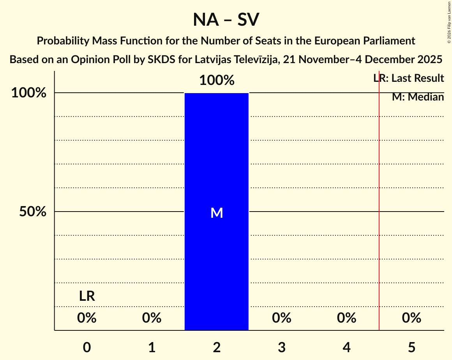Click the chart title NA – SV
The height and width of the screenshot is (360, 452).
coord(226,19)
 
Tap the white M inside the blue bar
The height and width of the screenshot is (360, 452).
coord(217,213)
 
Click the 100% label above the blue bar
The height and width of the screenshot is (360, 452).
coord(217,81)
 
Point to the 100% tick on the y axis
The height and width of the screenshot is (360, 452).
coord(29,93)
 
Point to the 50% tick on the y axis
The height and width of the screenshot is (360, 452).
coord(33,212)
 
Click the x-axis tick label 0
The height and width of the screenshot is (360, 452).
coord(87,347)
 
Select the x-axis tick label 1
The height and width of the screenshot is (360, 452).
coord(152,347)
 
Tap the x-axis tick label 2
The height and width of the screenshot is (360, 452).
coord(217,347)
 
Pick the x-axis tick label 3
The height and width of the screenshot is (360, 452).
coord(282,347)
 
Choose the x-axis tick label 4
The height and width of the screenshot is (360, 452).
coord(347,347)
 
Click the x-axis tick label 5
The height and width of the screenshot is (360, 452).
coord(411,347)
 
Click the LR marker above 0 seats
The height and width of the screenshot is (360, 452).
coord(87,296)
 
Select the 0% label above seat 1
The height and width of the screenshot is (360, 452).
coord(152,318)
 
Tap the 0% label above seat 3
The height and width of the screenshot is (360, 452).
coord(282,318)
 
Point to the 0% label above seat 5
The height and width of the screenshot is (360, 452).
coord(411,318)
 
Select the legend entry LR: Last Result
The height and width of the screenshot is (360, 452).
coord(409,78)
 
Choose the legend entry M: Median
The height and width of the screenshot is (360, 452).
coord(418,97)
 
